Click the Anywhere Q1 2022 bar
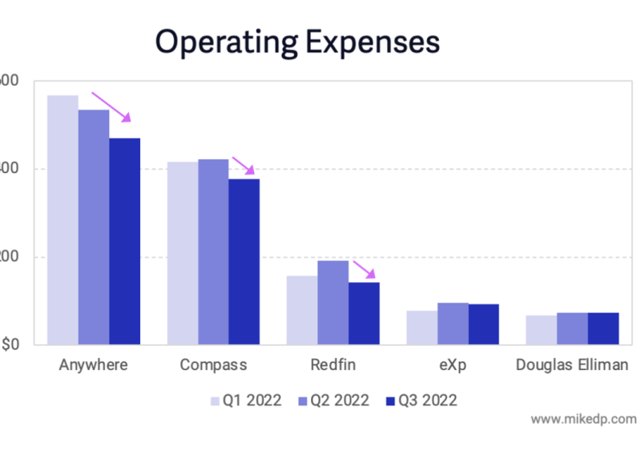(62, 220)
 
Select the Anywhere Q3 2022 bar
(125, 241)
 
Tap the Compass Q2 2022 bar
(213, 252)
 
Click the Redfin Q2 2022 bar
(333, 303)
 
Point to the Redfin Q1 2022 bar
(302, 310)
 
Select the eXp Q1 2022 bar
(421, 328)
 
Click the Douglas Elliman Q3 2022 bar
(603, 328)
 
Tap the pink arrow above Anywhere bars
(111, 107)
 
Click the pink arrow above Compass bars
(243, 165)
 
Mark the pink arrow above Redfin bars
(364, 270)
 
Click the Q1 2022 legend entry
(246, 401)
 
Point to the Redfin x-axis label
(333, 365)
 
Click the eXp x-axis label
(453, 365)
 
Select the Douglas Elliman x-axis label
(572, 365)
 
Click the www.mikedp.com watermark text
(583, 419)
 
